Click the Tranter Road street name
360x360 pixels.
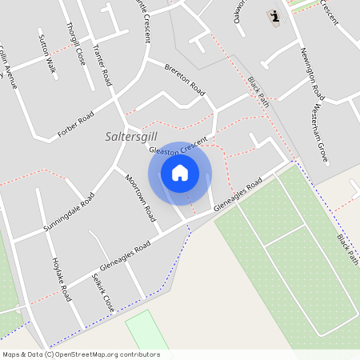(x=102, y=66)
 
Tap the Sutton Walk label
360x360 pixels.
(x=47, y=54)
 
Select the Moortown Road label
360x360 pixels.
(x=140, y=198)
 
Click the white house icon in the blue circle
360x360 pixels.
(x=180, y=173)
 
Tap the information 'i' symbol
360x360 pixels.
(x=275, y=16)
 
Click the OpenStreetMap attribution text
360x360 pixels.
(x=81, y=354)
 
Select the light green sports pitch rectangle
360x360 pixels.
(x=146, y=331)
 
